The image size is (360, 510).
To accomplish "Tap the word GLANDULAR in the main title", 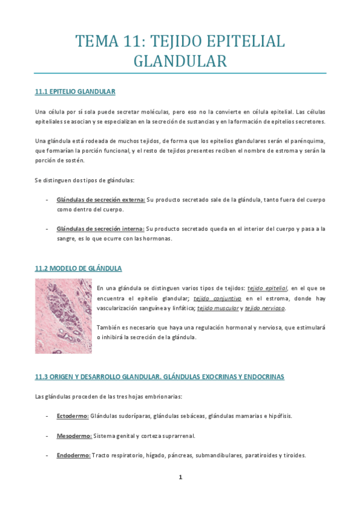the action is (180, 61).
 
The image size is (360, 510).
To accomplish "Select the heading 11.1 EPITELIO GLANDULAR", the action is (75, 91).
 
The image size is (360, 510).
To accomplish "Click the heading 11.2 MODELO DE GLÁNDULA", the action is (78, 268).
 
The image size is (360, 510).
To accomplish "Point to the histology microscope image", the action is (63, 316).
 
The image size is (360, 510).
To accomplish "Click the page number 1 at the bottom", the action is (180, 478).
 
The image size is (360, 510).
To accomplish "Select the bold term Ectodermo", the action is (73, 416).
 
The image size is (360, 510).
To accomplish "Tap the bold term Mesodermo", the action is (74, 435).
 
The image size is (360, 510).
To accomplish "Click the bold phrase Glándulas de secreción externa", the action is (101, 199).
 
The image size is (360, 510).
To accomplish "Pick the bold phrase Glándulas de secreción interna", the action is (100, 229).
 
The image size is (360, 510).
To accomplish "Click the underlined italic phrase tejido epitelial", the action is (268, 287).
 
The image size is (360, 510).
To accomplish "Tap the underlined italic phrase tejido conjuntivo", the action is (217, 298).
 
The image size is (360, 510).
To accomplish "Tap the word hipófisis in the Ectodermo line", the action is (279, 416).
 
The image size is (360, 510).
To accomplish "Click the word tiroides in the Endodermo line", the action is (293, 455).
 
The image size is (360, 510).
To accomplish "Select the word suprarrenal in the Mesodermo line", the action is (177, 435).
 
